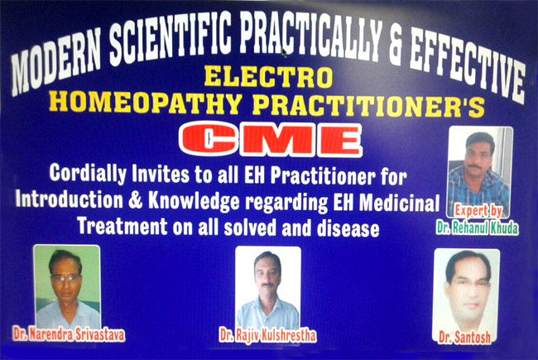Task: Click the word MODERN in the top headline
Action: [56, 61]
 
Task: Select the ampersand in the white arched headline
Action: [396, 46]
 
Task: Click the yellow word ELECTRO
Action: [268, 76]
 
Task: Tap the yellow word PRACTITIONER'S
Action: [367, 106]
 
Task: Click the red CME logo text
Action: [271, 140]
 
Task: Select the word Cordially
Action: [88, 174]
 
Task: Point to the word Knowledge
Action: [194, 201]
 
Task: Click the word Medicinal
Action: [399, 202]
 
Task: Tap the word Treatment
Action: [122, 226]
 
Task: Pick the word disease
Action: [348, 228]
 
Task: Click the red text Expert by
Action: [478, 211]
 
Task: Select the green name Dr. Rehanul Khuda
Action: [478, 228]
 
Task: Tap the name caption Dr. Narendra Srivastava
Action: [69, 334]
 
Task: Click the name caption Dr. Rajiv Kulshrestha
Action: [267, 335]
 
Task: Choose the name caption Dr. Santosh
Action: [465, 338]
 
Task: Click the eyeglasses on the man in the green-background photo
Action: [65, 278]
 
